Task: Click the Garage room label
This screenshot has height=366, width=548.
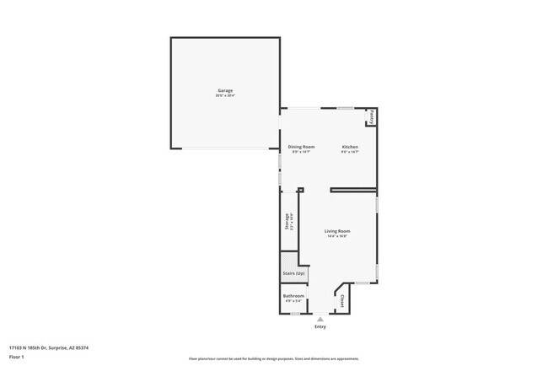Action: click(225, 90)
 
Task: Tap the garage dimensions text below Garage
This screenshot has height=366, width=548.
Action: click(225, 96)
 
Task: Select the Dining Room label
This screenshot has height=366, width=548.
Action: click(301, 147)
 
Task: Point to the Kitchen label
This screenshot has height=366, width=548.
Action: click(350, 147)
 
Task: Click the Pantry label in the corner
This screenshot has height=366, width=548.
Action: click(372, 117)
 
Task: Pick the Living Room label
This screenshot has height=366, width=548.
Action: click(338, 231)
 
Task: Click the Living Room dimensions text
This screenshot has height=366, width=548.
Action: click(338, 237)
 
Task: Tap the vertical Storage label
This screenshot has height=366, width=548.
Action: click(287, 221)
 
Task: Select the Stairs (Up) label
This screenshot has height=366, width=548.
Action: click(294, 274)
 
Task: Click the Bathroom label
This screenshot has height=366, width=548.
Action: click(293, 296)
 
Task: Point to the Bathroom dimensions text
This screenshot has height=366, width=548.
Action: click(293, 302)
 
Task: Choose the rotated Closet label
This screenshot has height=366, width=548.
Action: click(342, 299)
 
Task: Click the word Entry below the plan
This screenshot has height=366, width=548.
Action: click(320, 326)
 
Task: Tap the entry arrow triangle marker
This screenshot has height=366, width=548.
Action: click(320, 319)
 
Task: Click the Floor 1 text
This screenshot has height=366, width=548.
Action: click(17, 357)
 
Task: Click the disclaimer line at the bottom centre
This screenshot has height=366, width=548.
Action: click(273, 358)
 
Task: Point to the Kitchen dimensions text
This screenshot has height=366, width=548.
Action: click(350, 153)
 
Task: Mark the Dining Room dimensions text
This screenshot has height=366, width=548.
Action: click(301, 153)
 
